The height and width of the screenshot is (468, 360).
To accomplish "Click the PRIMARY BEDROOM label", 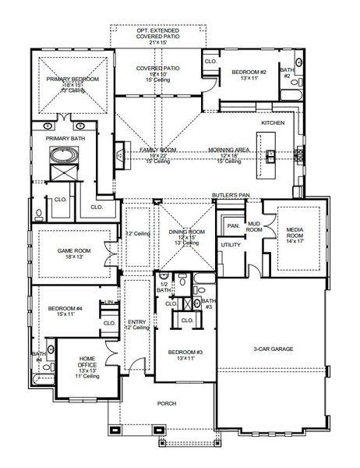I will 72,79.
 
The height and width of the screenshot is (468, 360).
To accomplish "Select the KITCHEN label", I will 273,124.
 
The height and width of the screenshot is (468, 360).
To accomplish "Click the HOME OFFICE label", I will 88,361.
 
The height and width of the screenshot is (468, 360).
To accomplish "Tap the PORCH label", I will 167,403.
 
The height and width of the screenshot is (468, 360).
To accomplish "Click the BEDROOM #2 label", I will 248,72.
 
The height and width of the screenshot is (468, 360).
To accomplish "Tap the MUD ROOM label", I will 254,227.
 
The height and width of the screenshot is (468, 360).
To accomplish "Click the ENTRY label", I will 137,321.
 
